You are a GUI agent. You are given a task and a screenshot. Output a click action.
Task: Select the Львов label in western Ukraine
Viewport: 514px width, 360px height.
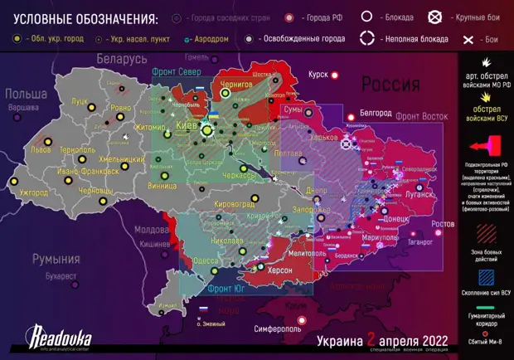coord(41,150)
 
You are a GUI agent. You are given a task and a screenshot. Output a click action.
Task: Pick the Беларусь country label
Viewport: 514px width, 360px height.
coord(121,60)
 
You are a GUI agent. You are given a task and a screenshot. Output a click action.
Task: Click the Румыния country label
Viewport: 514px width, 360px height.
coord(56,259)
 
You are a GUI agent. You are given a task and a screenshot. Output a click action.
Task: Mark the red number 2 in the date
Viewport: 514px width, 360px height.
coord(372,340)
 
